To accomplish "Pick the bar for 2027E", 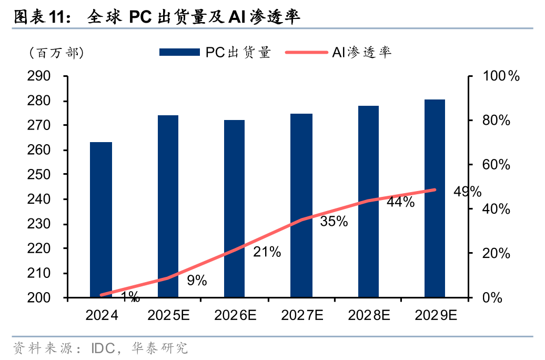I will pos(301,206).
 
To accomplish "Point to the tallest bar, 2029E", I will pos(435,198).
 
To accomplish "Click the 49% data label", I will pos(467,192).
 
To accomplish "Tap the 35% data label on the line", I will pos(334,222).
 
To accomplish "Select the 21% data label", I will pos(267,252).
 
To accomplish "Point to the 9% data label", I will pos(197,281).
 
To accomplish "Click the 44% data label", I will pos(400,202).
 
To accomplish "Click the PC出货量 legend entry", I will pos(215,52).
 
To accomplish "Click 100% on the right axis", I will pos(501,76).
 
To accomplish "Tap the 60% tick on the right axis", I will pos(497,165).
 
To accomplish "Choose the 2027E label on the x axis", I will pos(302,315).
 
